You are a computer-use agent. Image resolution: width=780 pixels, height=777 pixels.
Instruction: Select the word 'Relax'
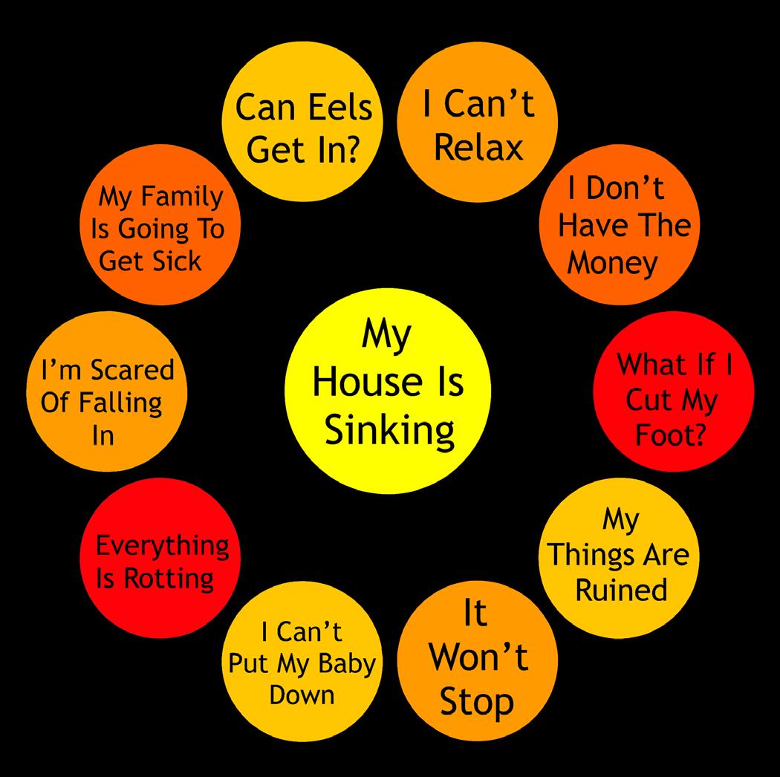pos(478,147)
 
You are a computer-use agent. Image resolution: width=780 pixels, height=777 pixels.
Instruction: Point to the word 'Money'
pos(613,264)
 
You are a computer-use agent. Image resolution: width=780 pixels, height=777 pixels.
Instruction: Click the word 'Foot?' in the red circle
pos(671,435)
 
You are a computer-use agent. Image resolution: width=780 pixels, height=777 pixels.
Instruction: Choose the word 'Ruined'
pos(622,590)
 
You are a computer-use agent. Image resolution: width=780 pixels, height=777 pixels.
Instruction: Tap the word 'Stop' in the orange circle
pos(477,701)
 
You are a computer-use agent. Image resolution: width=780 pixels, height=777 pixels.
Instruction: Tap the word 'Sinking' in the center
pos(390,431)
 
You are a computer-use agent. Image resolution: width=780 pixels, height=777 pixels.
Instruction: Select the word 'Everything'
pos(163,546)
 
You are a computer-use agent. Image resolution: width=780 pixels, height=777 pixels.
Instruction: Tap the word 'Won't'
pos(479,657)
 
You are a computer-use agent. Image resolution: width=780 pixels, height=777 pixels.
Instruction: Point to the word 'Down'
pos(302,695)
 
